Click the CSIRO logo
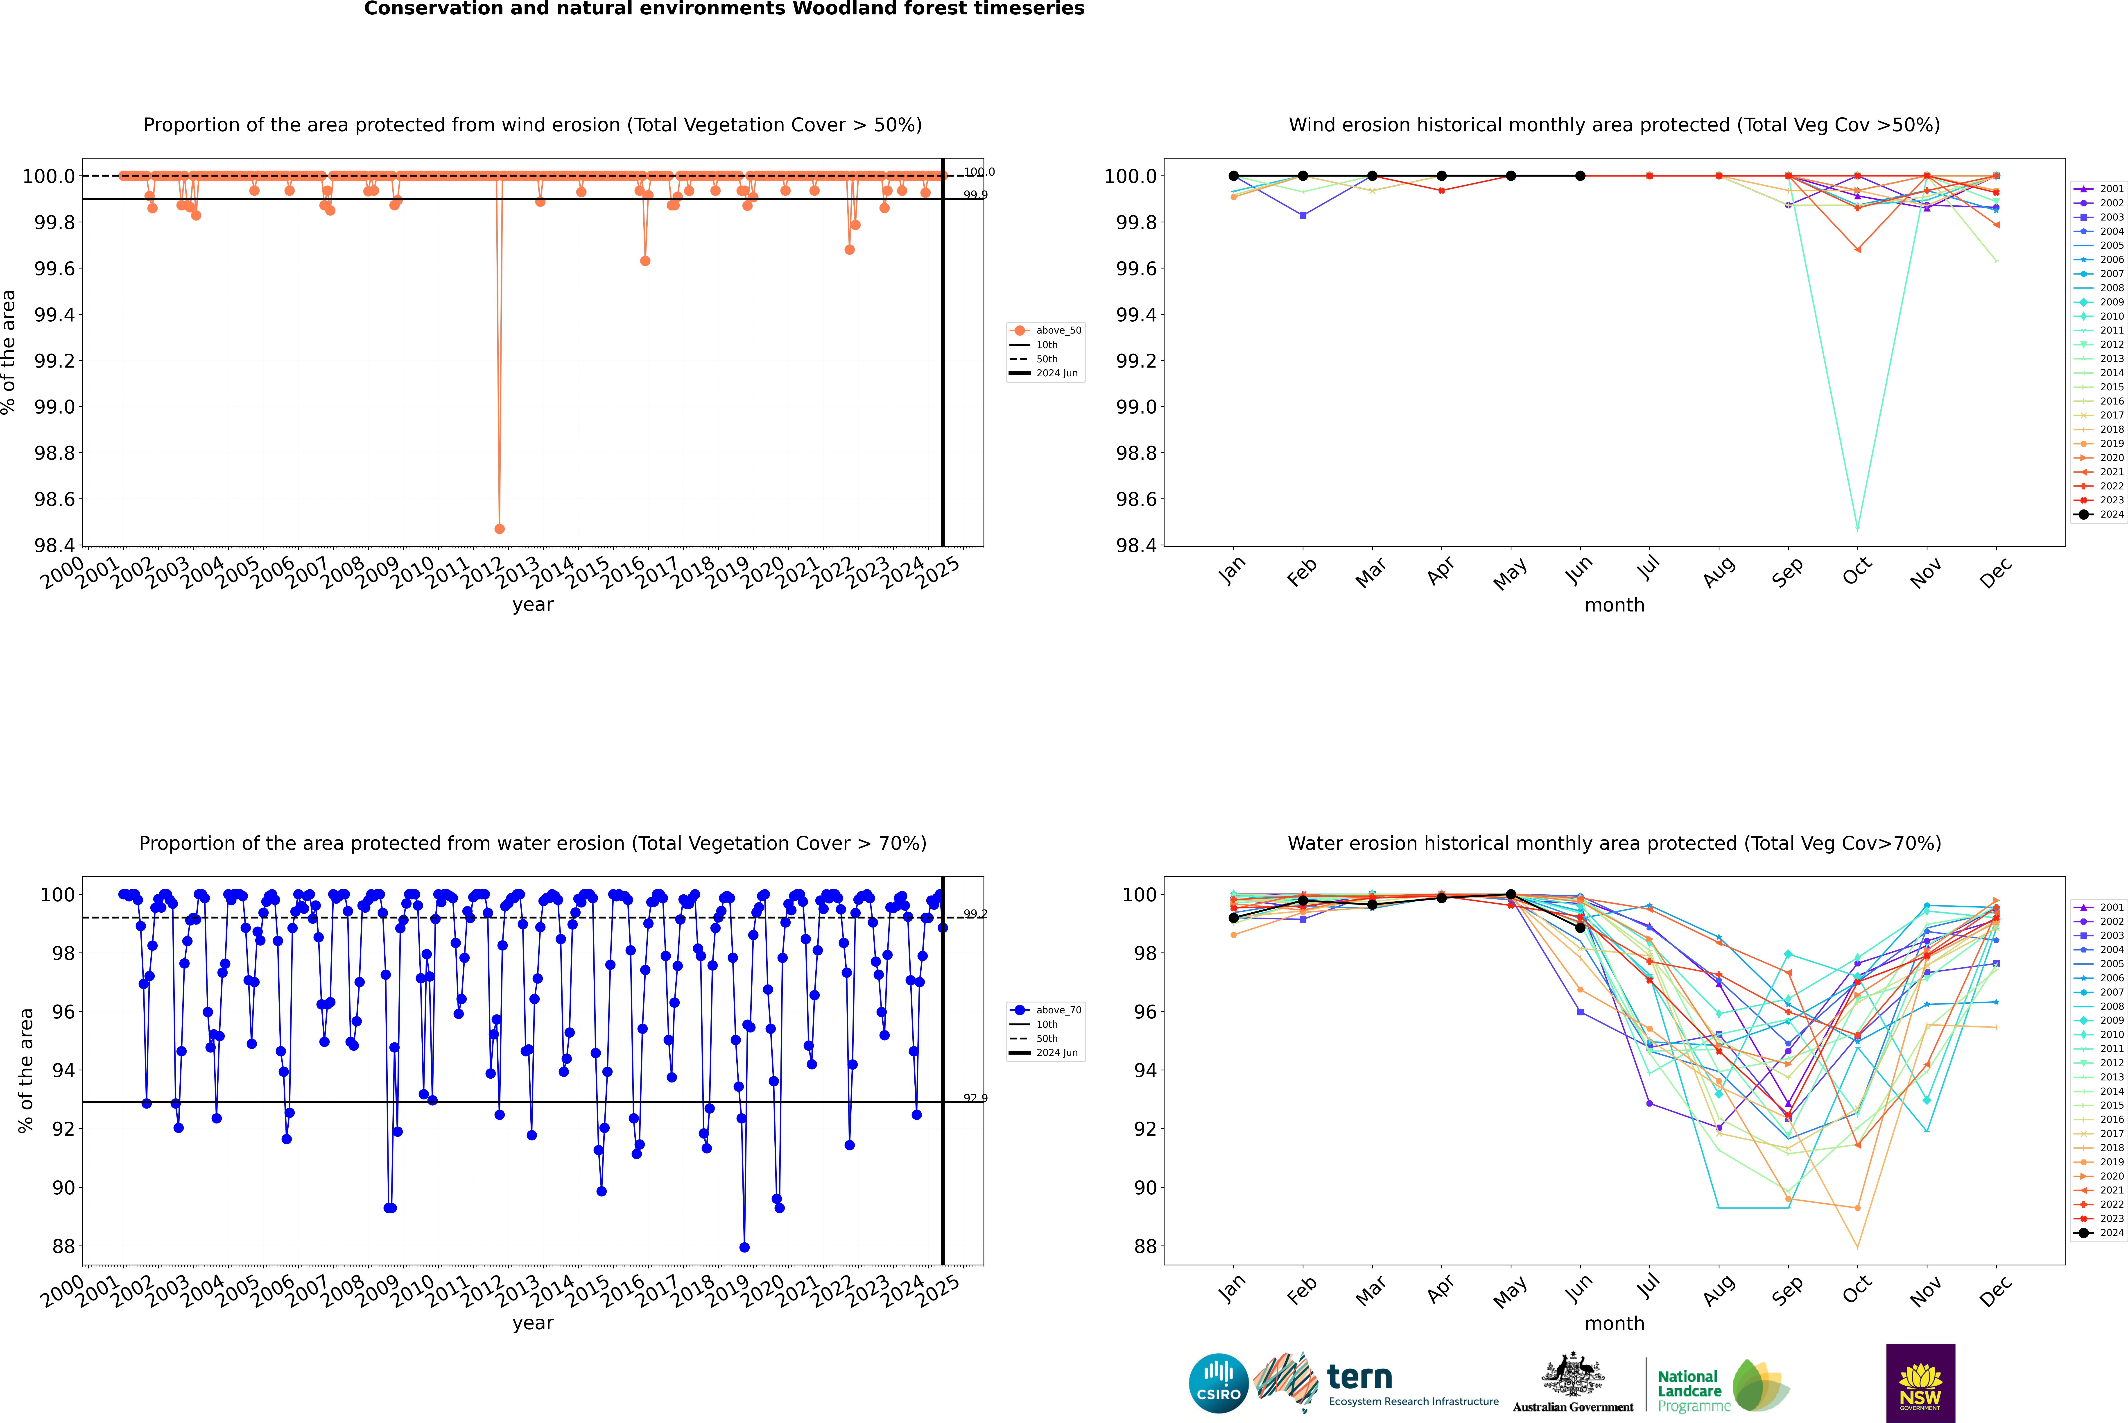click(x=1218, y=1383)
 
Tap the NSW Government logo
click(x=1920, y=1383)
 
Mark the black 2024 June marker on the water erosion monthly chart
click(x=1580, y=927)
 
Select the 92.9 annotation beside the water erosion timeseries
click(x=975, y=1098)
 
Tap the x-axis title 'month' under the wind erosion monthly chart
click(x=1614, y=605)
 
